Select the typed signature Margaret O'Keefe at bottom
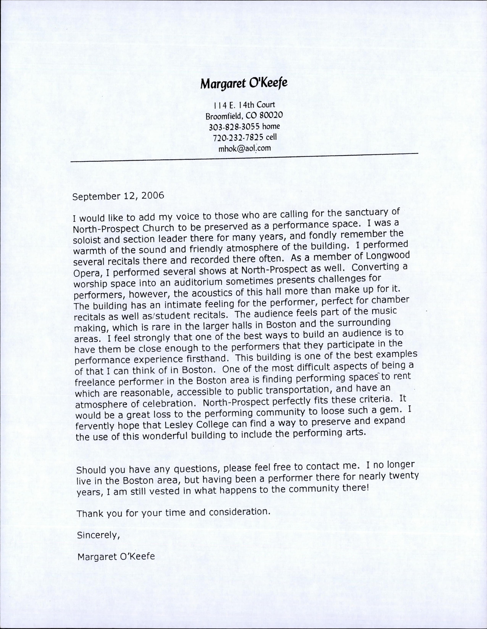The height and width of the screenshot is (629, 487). (116, 556)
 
